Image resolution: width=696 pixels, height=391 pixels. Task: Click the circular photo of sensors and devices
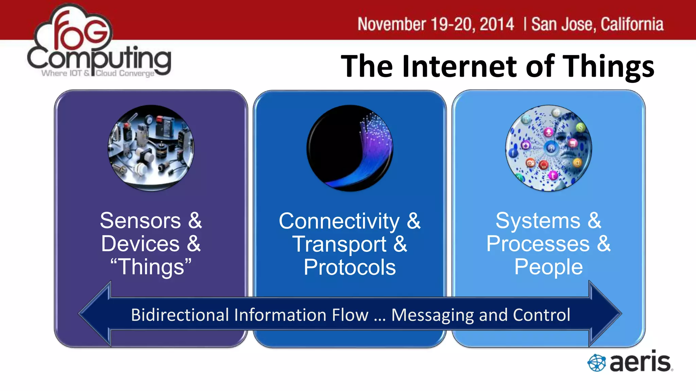tap(151, 148)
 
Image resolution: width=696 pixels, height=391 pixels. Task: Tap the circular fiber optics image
tap(350, 148)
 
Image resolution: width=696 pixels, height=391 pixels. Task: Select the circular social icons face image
tap(549, 148)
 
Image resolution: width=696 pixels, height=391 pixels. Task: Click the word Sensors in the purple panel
tap(140, 221)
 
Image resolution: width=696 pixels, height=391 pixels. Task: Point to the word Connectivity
tap(339, 221)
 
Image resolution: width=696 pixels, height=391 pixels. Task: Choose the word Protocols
tap(350, 267)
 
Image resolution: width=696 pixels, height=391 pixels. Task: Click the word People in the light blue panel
tap(549, 267)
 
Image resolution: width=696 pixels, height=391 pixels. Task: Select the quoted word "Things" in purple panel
tap(151, 267)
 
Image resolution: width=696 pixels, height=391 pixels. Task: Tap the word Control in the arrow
tap(541, 315)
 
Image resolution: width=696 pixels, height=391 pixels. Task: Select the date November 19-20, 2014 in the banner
tap(436, 24)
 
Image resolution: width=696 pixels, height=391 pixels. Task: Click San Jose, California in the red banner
tap(597, 24)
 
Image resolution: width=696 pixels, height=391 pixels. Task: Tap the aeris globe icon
tap(596, 363)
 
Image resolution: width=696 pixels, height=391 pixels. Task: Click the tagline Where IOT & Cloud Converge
tap(98, 73)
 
